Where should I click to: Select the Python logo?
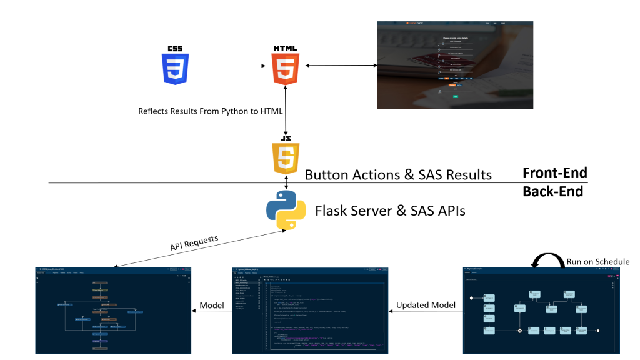tap(286, 211)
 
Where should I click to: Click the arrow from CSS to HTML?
tap(224, 66)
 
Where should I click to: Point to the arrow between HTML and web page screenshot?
tap(341, 66)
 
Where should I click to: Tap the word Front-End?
tap(554, 172)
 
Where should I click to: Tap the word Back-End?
tap(552, 191)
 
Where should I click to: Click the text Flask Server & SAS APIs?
tap(390, 211)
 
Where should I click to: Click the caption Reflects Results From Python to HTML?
tap(211, 111)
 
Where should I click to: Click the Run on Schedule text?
tap(597, 261)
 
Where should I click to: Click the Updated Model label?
tap(426, 304)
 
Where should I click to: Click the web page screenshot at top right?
tap(455, 65)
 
